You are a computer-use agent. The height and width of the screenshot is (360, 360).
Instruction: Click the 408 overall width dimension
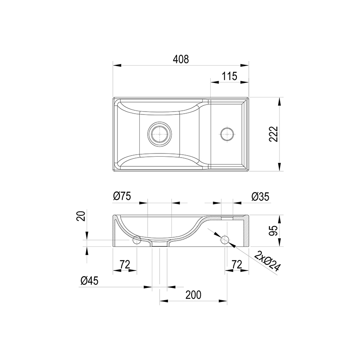click(181, 59)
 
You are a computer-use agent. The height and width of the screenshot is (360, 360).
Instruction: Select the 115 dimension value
click(229, 76)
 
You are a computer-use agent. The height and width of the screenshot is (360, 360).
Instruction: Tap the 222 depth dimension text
click(273, 134)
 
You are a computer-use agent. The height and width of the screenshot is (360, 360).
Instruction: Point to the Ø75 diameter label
click(122, 196)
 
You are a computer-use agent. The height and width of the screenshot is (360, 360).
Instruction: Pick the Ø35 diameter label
click(260, 197)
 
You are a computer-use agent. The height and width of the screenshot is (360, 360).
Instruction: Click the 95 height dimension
click(273, 231)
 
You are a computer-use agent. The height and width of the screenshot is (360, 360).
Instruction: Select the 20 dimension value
click(81, 216)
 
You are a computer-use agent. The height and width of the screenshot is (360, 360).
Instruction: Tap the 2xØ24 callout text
click(268, 261)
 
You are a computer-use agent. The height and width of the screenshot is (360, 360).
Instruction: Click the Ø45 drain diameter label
click(89, 280)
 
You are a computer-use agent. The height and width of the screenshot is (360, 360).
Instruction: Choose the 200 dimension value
click(193, 295)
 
